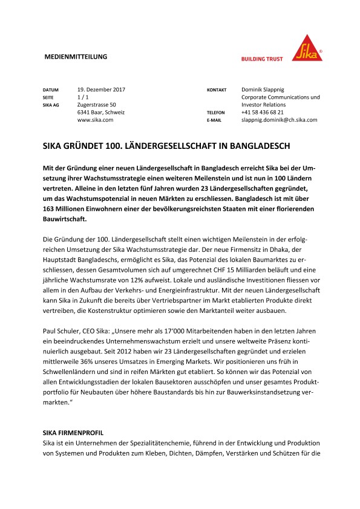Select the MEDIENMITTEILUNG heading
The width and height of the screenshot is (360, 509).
76,56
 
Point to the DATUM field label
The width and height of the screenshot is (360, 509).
50,90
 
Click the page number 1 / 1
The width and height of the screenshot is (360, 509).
83,97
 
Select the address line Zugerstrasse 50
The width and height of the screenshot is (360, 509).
97,105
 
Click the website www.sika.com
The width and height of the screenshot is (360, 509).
96,120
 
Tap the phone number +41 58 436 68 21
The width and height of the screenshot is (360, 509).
271,113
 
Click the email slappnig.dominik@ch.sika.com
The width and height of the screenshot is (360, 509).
279,120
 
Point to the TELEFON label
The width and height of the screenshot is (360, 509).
215,113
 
